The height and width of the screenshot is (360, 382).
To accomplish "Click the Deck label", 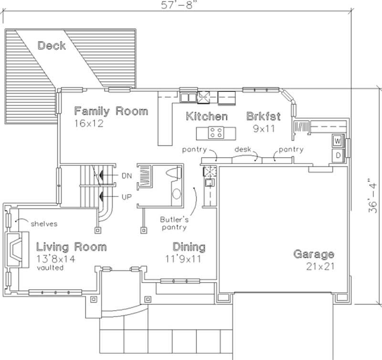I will point(54,46).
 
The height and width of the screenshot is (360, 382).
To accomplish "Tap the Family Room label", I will point(111,111).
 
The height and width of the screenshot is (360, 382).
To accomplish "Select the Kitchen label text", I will point(206,116).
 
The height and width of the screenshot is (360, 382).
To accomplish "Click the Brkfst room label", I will point(263,116).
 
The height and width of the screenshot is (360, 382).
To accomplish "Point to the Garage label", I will point(313,254).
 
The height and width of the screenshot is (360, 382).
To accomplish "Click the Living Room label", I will point(72,247).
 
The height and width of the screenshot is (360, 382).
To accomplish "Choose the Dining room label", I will point(189,247).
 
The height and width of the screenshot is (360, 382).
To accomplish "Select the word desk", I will point(243,150).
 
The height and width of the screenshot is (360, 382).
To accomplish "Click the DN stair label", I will point(127,176).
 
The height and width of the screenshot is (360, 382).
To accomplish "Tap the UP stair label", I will point(127,196).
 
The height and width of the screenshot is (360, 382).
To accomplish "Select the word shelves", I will point(44,223).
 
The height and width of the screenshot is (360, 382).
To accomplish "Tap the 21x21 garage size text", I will point(319,266).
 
